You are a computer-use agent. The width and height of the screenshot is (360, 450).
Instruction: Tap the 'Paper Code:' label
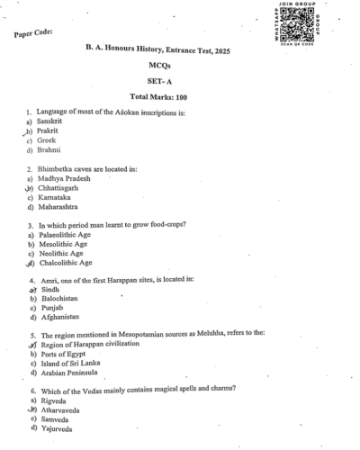click(x=33, y=34)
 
